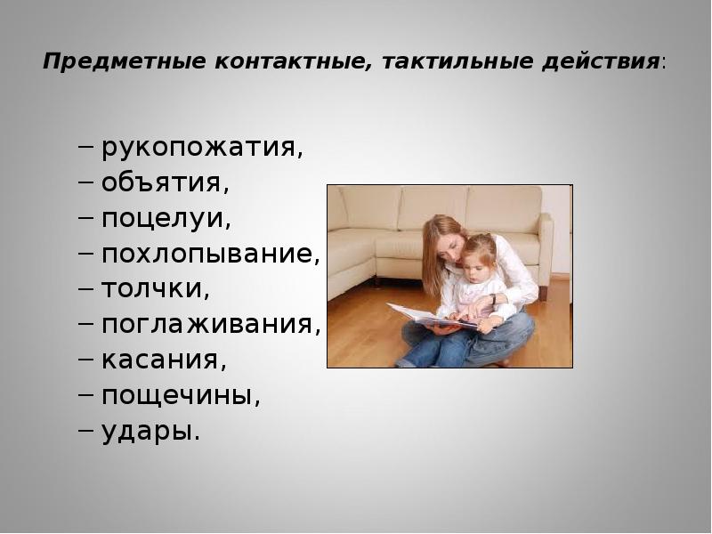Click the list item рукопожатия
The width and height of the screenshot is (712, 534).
pos(202,148)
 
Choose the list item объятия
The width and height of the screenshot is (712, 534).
pos(166,183)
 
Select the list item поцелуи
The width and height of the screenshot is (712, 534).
pos(166,219)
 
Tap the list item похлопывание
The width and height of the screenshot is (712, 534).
pos(211,254)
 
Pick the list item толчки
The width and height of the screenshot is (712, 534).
pos(156,289)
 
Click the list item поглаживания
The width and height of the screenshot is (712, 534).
pos(211,325)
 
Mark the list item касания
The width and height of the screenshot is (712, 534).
pos(165,360)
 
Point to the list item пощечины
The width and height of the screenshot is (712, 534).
pos(181,396)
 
